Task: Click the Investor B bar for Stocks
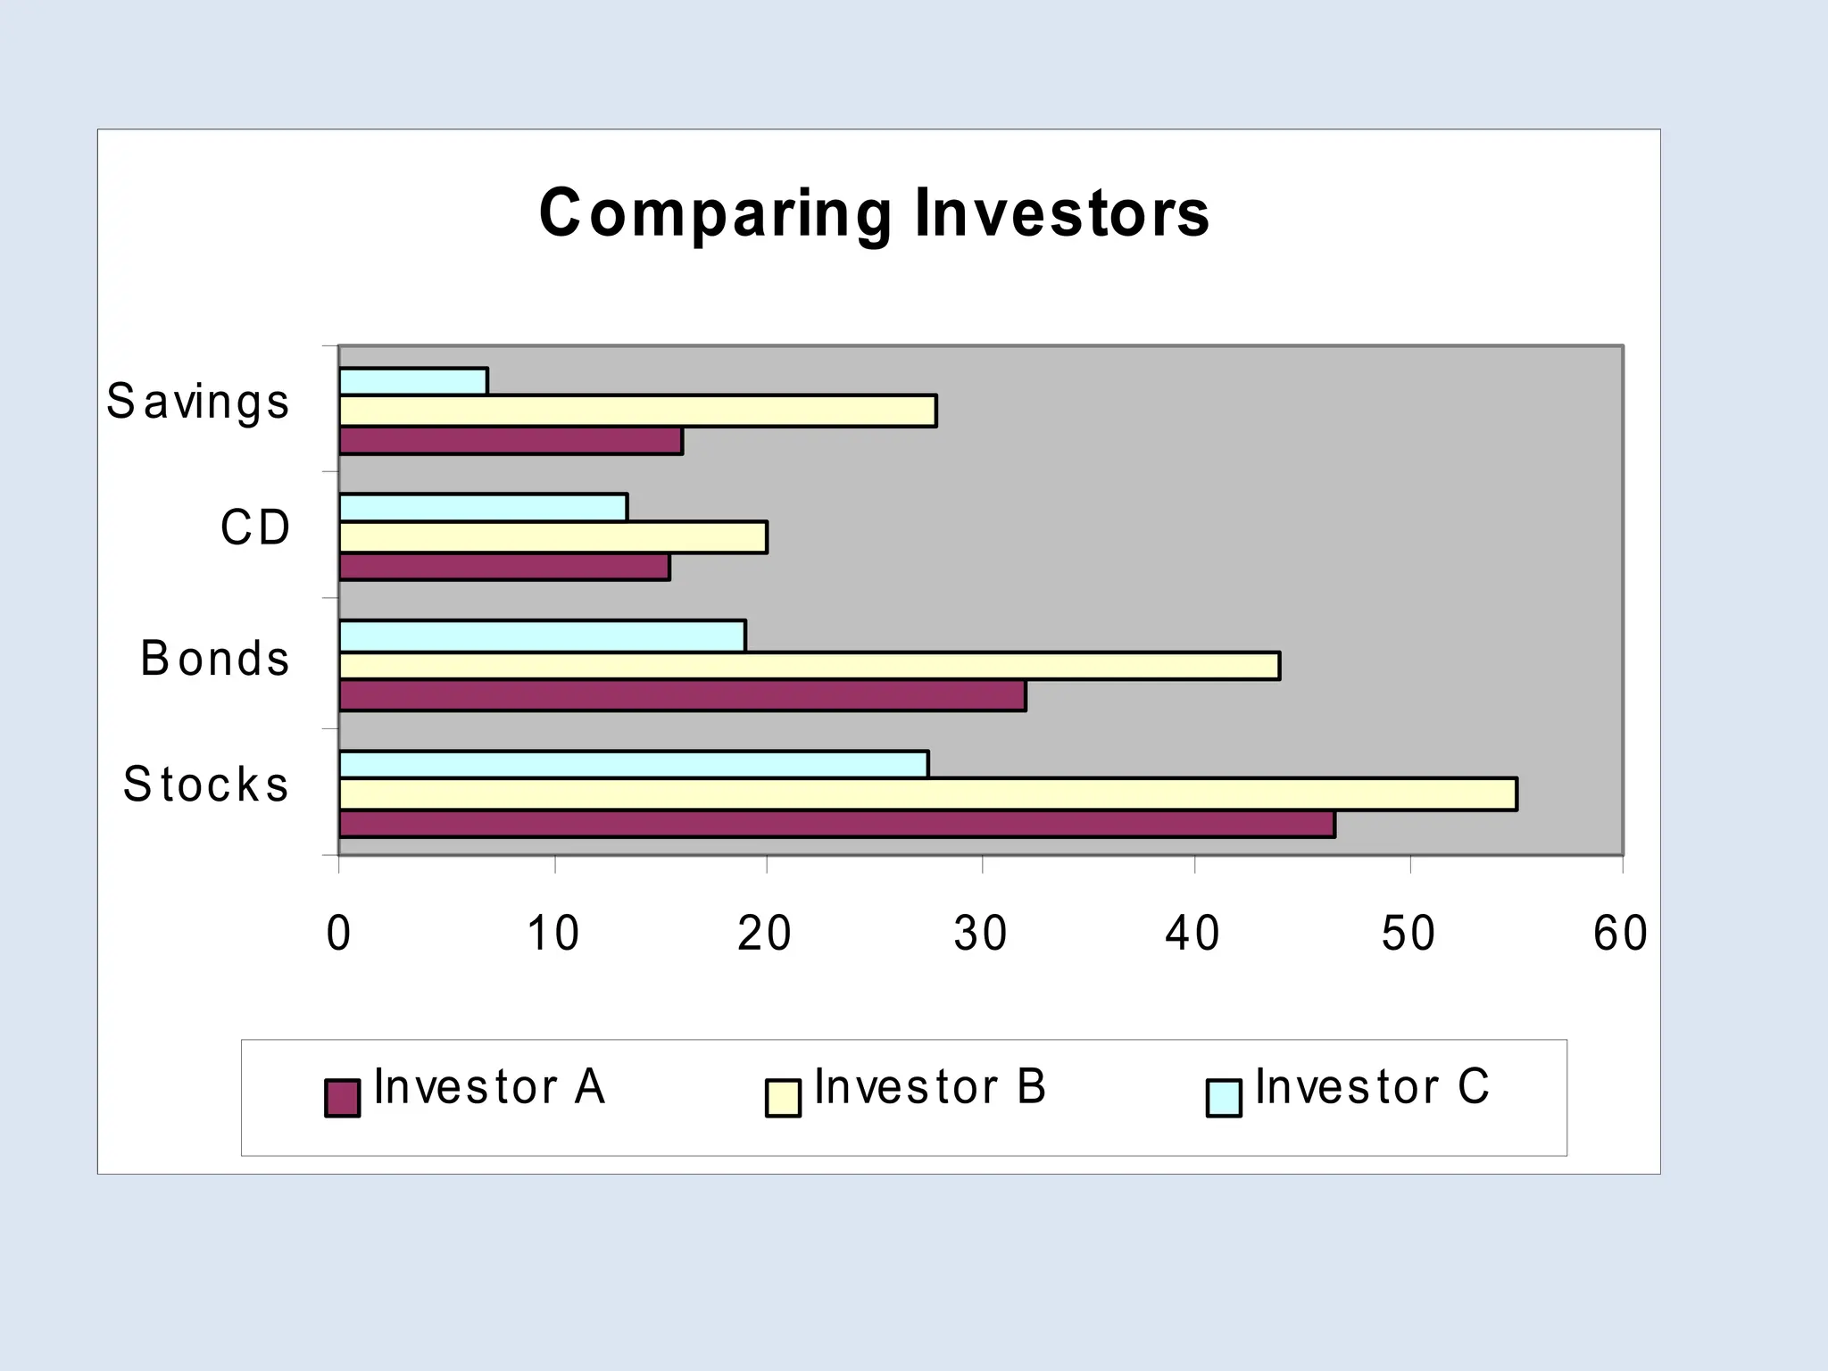tap(928, 794)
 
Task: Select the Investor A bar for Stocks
tap(837, 824)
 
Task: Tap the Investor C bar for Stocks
tap(634, 764)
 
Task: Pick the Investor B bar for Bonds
tap(810, 666)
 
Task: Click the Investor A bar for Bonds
tap(683, 696)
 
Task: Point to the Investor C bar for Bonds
tap(543, 636)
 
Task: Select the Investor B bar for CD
tap(553, 537)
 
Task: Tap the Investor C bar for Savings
tap(413, 381)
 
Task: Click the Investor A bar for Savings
tap(511, 441)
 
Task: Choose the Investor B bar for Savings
tap(638, 411)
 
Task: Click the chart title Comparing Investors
tap(875, 213)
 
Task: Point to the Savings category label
tap(198, 402)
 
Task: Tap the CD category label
tap(255, 528)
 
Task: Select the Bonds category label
tap(215, 659)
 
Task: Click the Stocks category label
tap(206, 785)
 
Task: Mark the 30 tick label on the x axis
tap(980, 934)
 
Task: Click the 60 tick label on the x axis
tap(1620, 934)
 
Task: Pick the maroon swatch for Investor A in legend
tap(343, 1098)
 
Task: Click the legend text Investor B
tap(930, 1087)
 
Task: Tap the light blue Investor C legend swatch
tap(1224, 1098)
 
